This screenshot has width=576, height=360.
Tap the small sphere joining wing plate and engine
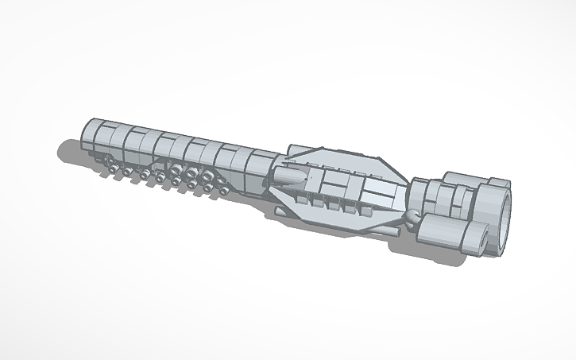[410, 216]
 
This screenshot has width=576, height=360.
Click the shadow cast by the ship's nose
[68, 150]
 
